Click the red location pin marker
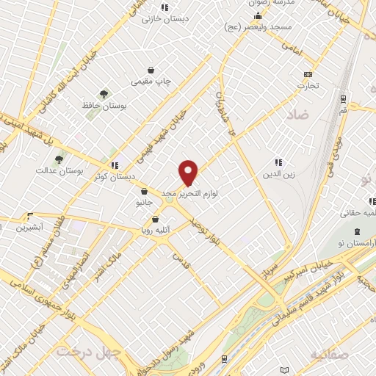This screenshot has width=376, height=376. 189,173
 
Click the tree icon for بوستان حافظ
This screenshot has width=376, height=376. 104,94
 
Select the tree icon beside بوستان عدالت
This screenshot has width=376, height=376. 59,158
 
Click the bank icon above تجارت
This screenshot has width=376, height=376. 307,74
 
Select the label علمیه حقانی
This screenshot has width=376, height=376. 352,214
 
